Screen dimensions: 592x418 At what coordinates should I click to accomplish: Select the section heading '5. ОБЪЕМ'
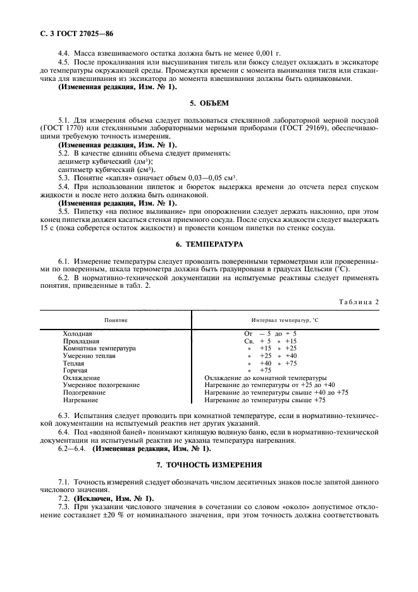(x=209, y=102)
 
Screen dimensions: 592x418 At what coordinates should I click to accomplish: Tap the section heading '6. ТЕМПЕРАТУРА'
(x=209, y=244)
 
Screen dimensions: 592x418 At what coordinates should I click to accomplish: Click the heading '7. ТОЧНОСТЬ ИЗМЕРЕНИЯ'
(x=209, y=464)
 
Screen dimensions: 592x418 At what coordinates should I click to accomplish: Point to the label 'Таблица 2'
(x=357, y=302)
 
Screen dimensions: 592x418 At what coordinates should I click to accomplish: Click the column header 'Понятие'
(x=116, y=321)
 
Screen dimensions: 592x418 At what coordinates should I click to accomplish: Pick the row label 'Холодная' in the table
(x=78, y=333)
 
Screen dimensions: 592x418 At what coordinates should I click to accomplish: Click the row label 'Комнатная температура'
(x=99, y=348)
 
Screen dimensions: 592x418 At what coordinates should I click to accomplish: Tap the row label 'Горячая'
(x=76, y=371)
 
